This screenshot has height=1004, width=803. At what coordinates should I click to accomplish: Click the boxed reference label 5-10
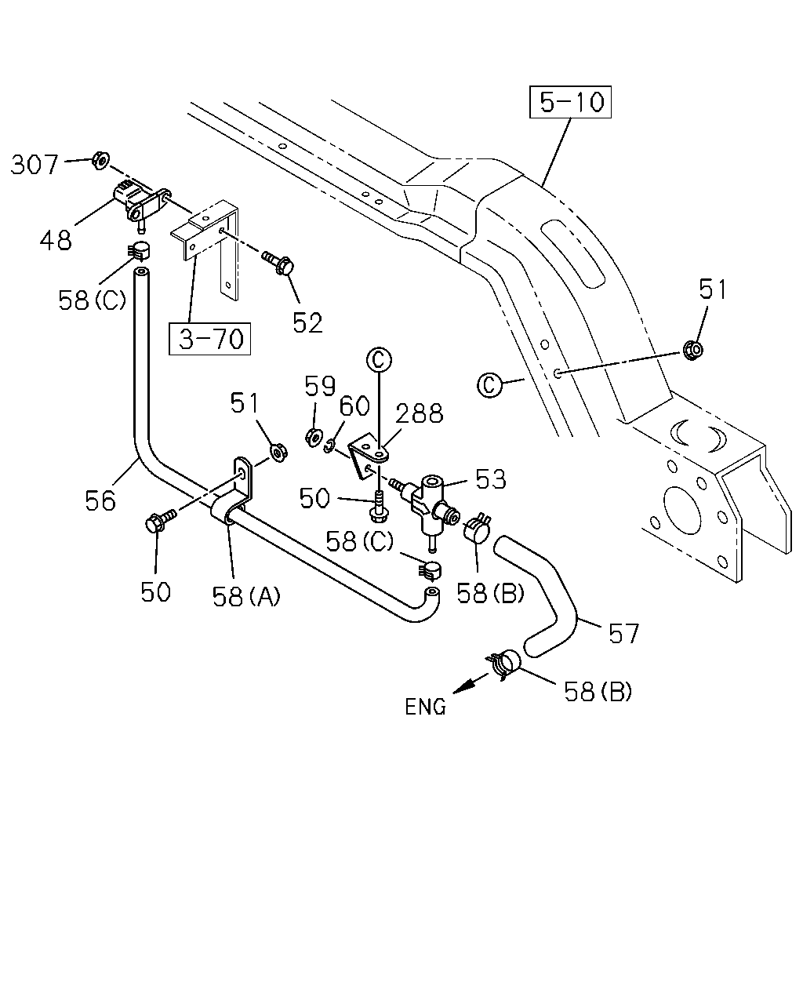[569, 102]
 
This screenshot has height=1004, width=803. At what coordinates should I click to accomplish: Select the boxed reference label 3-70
[209, 339]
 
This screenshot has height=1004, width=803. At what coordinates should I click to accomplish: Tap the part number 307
[35, 166]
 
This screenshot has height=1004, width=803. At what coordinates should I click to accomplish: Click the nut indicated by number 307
[100, 160]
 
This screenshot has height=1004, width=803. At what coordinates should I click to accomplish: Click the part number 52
[308, 323]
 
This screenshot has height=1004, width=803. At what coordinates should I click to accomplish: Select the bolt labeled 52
[278, 264]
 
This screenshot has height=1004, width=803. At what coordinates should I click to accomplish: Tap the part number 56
[100, 501]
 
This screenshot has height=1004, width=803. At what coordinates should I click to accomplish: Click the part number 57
[623, 634]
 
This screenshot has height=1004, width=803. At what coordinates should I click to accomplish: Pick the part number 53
[491, 479]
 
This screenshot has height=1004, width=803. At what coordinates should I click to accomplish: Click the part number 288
[420, 413]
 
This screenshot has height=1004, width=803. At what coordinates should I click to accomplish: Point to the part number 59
[320, 386]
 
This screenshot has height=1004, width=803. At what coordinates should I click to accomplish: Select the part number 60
[354, 406]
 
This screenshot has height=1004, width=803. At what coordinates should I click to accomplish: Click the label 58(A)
[246, 596]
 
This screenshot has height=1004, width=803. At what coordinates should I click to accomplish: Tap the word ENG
[425, 707]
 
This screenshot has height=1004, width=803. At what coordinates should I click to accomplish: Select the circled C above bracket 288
[379, 360]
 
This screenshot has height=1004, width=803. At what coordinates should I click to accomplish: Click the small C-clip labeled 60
[329, 446]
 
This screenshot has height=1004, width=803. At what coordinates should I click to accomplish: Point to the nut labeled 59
[313, 437]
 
